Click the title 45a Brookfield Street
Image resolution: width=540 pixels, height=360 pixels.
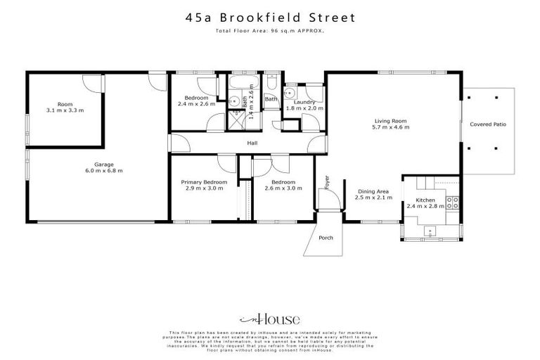pos(270,16)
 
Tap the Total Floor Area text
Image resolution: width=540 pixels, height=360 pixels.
pos(270,31)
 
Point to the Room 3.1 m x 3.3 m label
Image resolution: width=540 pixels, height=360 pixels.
pos(65,107)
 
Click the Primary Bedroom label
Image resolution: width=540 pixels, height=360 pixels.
pos(204,184)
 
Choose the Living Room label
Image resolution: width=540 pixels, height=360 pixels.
pos(393,122)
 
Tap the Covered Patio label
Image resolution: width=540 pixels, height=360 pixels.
pos(488,124)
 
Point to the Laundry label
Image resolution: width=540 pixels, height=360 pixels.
pos(304,103)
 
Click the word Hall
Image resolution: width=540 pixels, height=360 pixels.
pos(252,143)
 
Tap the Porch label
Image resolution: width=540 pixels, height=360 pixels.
pos(326,238)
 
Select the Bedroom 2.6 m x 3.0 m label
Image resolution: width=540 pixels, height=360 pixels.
pos(283,184)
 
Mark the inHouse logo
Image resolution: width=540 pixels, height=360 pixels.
pos(270,318)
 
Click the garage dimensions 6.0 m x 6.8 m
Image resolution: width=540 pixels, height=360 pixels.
pos(99,171)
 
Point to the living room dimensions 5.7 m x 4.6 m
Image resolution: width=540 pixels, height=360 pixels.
pos(393,128)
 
